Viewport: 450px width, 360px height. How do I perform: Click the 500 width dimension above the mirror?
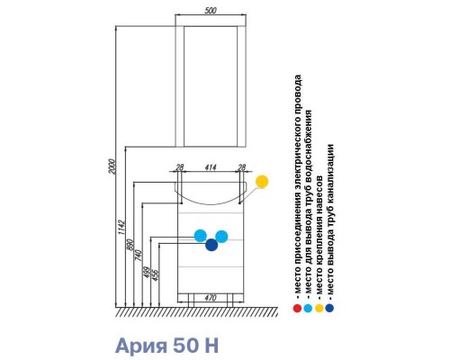[211, 11]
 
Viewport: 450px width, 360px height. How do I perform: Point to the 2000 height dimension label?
[112, 167]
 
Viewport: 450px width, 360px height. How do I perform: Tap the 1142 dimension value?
[121, 228]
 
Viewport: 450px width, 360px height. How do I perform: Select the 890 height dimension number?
[130, 246]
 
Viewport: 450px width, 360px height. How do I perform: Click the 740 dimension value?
[139, 256]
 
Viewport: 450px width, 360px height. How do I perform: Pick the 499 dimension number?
[147, 272]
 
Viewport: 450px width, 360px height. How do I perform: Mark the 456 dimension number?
[156, 274]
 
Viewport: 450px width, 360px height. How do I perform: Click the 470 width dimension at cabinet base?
[211, 298]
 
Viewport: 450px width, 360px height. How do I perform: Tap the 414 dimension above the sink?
[211, 167]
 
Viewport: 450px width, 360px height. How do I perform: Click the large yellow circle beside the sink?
[262, 182]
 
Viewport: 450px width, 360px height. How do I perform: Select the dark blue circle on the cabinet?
[211, 245]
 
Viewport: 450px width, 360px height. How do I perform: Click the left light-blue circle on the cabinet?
[201, 236]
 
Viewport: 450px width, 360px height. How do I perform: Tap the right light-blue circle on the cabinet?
[221, 237]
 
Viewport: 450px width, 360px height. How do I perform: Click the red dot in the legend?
[297, 308]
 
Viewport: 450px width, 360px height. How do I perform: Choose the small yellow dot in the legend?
[319, 308]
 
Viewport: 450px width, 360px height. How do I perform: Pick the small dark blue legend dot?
[329, 308]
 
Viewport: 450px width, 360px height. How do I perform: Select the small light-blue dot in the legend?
[308, 308]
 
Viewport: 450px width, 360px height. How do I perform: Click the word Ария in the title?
[141, 346]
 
